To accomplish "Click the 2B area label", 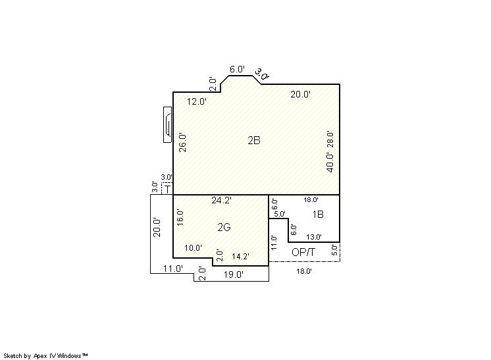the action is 254,141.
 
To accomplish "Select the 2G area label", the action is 224,227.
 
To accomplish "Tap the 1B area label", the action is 318,215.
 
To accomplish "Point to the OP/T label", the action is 303,252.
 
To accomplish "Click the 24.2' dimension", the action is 221,200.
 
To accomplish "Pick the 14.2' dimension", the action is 240,257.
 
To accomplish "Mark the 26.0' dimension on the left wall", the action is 182,143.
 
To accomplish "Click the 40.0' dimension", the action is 330,163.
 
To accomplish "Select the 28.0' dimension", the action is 330,140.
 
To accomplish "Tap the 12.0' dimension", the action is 197,101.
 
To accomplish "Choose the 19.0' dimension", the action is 233,275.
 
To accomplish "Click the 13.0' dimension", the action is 314,237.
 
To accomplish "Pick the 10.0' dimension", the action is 193,248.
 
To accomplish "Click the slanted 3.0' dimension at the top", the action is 261,74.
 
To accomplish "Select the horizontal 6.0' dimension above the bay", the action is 237,69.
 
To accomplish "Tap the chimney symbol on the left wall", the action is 168,124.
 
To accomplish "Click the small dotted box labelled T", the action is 167,188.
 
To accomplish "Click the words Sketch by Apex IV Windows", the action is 43,356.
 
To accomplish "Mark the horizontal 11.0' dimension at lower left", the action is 173,269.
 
